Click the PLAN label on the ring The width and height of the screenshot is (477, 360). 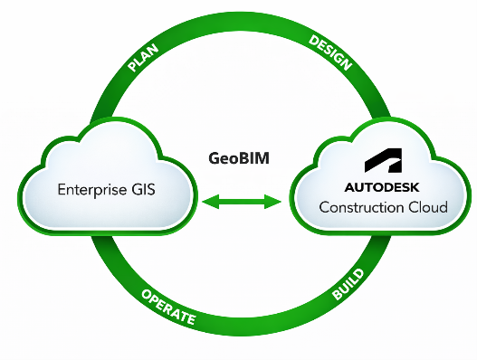tap(143, 58)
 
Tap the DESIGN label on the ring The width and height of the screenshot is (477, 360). tap(330, 52)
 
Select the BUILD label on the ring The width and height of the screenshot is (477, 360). tap(348, 284)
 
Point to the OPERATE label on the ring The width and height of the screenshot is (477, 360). tap(168, 307)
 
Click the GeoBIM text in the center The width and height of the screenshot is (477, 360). tap(239, 158)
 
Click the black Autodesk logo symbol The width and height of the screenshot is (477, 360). tap(383, 160)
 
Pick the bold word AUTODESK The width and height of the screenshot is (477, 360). tap(382, 187)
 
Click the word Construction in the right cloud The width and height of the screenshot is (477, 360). tap(362, 207)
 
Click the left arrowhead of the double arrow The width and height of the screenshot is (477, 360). tap(211, 202)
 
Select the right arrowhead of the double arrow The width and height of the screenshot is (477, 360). tap(272, 202)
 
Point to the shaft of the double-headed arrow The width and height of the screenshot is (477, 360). tap(242, 202)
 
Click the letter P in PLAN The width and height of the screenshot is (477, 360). tap(133, 67)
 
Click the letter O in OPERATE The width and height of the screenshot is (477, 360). tap(147, 294)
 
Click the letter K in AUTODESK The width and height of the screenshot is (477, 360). tap(415, 187)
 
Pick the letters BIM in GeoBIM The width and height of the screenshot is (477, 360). tap(256, 158)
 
